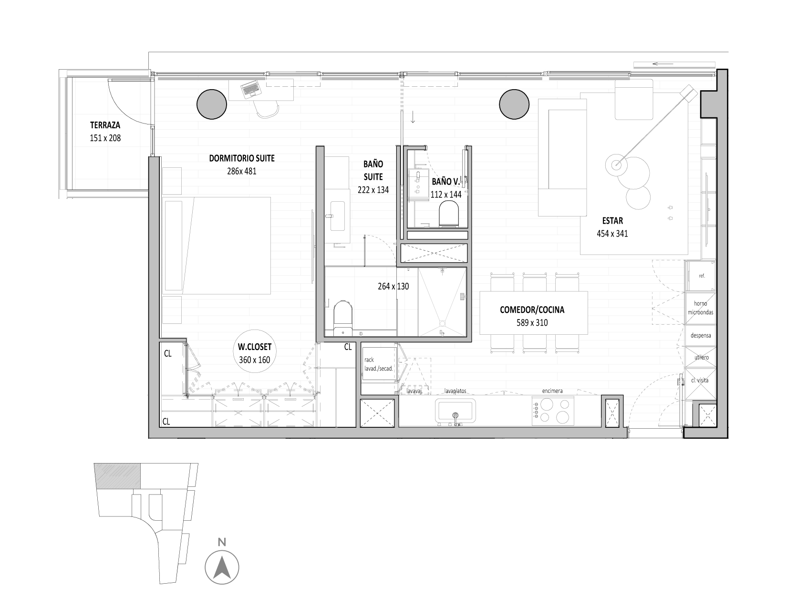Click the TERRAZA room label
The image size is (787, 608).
105,125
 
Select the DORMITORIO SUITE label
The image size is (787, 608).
242,158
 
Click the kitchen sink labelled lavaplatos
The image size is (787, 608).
455,412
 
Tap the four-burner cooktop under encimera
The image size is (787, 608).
553,411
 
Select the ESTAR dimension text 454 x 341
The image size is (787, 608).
612,234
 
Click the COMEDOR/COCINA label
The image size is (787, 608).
532,310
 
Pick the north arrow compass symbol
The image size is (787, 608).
222,567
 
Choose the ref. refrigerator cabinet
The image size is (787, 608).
702,276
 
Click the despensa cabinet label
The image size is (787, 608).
701,335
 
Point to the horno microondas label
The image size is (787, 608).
701,308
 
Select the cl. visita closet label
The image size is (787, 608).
700,380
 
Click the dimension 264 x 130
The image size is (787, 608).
393,287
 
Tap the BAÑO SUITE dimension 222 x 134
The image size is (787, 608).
373,190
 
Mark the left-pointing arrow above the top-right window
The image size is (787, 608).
663,64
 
